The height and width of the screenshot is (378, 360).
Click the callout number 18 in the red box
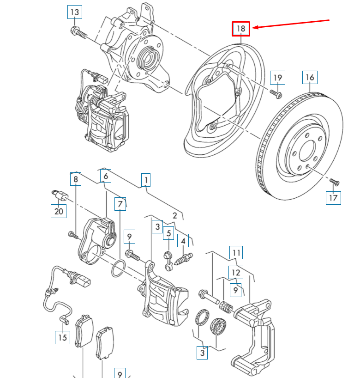pyautogui.click(x=241, y=29)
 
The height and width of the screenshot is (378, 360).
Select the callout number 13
pyautogui.click(x=74, y=12)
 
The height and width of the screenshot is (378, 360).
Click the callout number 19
pyautogui.click(x=277, y=78)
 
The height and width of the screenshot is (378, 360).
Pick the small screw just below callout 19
pyautogui.click(x=276, y=94)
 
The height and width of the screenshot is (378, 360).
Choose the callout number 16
pyautogui.click(x=310, y=77)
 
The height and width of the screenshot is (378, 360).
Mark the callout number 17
pyautogui.click(x=333, y=198)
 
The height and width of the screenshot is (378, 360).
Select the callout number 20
pyautogui.click(x=58, y=211)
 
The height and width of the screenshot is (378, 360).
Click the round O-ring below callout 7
pyautogui.click(x=119, y=268)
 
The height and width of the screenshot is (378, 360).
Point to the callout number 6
pyautogui.click(x=105, y=176)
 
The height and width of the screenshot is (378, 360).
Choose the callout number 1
pyautogui.click(x=146, y=179)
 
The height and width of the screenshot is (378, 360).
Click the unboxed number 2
pyautogui.click(x=175, y=215)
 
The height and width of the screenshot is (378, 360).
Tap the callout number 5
pyautogui.click(x=169, y=234)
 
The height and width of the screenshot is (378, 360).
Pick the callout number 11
pyautogui.click(x=236, y=253)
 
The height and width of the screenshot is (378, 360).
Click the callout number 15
pyautogui.click(x=62, y=337)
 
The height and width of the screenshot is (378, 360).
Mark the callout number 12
pyautogui.click(x=236, y=273)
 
